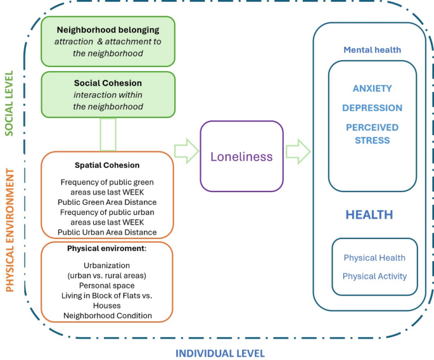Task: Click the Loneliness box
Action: click(x=241, y=156)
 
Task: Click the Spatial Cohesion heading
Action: click(x=106, y=165)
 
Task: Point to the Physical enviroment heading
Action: click(x=106, y=248)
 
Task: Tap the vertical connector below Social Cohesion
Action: click(x=108, y=134)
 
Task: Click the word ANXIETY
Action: click(x=372, y=89)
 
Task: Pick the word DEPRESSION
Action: click(x=372, y=108)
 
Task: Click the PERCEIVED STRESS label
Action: click(x=372, y=133)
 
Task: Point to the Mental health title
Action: click(x=372, y=49)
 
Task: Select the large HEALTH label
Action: click(x=369, y=215)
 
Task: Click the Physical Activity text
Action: click(x=374, y=276)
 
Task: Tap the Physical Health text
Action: click(x=374, y=258)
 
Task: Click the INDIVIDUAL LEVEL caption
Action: click(x=220, y=353)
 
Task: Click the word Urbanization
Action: click(x=106, y=266)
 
